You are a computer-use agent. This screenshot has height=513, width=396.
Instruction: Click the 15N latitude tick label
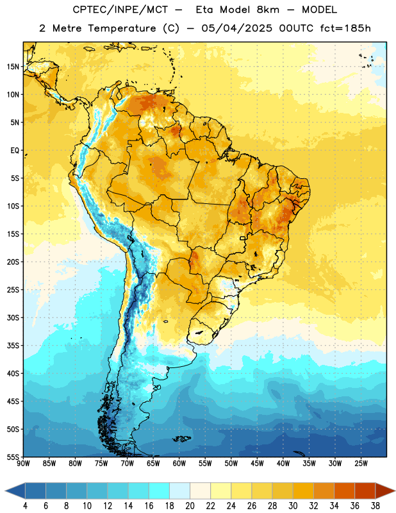click(13, 67)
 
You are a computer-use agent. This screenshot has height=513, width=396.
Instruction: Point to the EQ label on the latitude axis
click(15, 151)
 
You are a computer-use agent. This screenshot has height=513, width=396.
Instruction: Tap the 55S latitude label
click(13, 457)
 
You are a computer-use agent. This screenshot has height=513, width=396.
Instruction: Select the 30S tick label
click(13, 317)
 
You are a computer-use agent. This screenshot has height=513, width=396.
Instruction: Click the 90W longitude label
click(23, 463)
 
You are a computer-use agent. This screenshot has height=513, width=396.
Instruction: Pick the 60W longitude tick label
click(179, 463)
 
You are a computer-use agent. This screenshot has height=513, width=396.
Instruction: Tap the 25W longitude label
click(361, 463)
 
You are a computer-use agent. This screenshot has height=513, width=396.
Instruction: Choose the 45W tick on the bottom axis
click(257, 463)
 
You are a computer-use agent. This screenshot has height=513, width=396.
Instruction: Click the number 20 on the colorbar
click(190, 506)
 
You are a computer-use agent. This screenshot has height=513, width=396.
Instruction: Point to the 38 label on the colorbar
click(375, 506)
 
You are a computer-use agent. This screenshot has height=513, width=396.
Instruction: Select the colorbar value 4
click(25, 506)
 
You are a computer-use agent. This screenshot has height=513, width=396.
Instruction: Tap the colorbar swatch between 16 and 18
click(160, 491)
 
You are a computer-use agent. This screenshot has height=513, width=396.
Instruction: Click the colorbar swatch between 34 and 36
click(344, 491)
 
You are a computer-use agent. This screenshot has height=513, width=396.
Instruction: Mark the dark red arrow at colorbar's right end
click(384, 491)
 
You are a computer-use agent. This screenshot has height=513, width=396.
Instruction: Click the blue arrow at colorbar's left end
click(15, 491)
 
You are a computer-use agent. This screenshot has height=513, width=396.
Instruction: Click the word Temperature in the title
click(122, 28)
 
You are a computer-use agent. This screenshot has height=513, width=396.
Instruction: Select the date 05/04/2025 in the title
click(236, 28)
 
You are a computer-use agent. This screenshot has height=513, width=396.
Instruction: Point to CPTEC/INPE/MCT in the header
click(120, 10)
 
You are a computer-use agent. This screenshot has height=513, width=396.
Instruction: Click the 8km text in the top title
click(268, 10)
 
